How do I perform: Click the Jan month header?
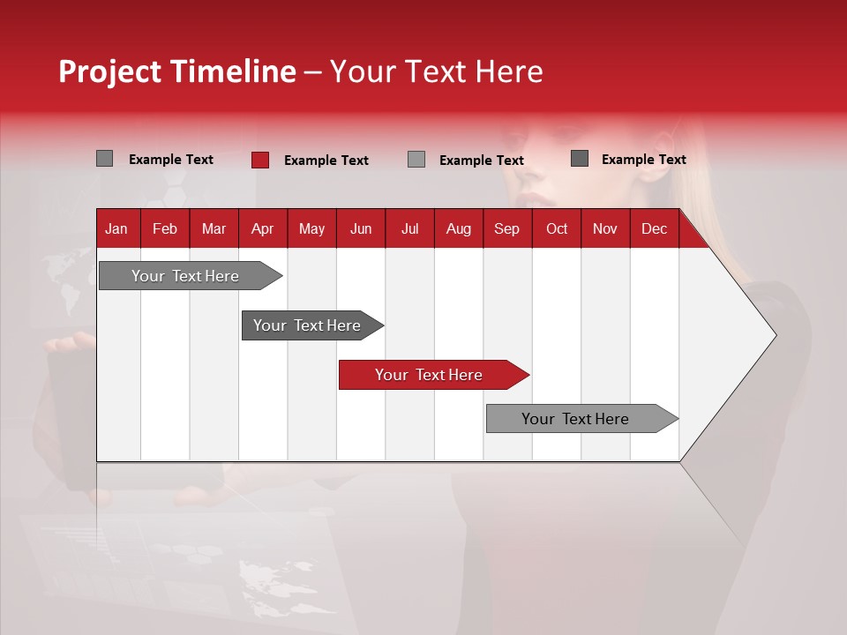116,229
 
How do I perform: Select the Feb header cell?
165,229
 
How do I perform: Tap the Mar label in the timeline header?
214,229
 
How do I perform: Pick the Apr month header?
263,229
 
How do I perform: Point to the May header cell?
311,229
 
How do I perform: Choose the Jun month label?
361,229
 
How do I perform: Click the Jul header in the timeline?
409,229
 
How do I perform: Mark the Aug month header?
459,229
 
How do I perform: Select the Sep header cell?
507,229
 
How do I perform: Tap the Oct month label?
557,229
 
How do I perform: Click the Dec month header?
655,229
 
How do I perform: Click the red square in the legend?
260,160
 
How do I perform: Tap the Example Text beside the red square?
326,161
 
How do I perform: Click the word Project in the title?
110,71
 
